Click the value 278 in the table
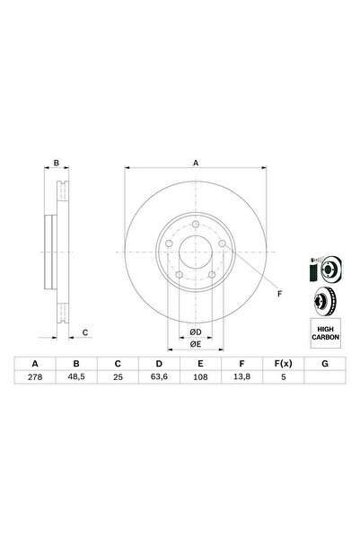(35, 377)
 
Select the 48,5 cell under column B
(76, 377)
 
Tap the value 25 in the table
(117, 377)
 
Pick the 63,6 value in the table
(158, 377)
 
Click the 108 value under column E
(199, 377)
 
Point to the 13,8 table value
(240, 377)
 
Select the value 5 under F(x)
(281, 377)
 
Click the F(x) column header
(281, 363)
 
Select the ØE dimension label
(195, 343)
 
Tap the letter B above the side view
(56, 164)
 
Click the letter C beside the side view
(84, 333)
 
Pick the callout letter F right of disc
(278, 294)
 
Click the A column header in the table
(35, 363)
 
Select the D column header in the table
(158, 363)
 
